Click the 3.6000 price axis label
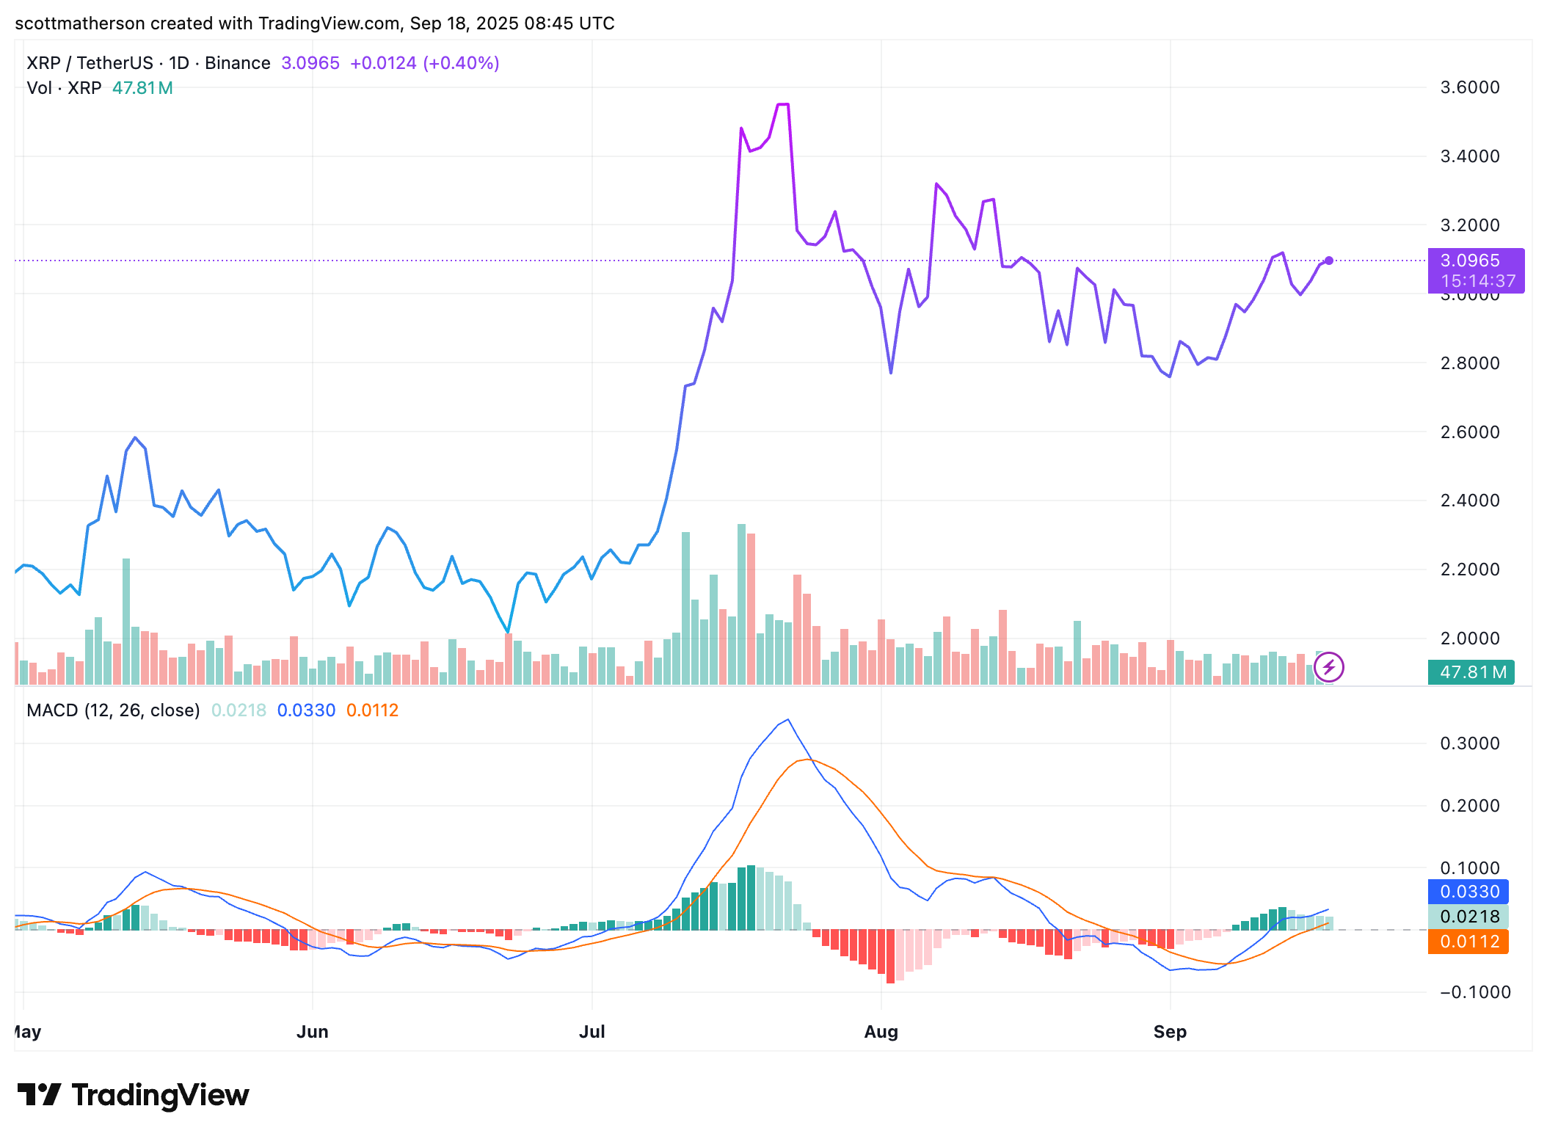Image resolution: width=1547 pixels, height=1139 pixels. click(1469, 87)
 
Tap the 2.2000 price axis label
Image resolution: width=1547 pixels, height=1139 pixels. click(1469, 569)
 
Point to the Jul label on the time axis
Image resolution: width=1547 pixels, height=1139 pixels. click(591, 1032)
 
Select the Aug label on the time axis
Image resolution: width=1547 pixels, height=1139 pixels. click(881, 1032)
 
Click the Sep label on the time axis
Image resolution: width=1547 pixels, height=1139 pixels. click(1170, 1032)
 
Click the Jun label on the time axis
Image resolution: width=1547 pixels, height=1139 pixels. click(312, 1032)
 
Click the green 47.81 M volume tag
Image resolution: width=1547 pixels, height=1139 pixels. click(1472, 672)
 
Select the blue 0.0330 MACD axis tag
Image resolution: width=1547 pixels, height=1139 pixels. click(1468, 892)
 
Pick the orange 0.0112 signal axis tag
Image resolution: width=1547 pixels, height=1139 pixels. click(1468, 942)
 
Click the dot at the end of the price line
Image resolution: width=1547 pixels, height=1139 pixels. click(1329, 261)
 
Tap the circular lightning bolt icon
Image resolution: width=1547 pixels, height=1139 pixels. click(1329, 668)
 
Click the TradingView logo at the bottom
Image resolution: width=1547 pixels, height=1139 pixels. click(133, 1095)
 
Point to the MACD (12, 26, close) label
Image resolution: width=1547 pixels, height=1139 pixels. click(113, 710)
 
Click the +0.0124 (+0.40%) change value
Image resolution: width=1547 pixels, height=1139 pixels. click(424, 63)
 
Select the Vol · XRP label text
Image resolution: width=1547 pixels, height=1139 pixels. click(64, 88)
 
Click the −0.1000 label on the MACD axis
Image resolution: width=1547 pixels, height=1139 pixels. click(1469, 992)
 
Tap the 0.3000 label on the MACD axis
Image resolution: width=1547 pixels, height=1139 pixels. click(1469, 743)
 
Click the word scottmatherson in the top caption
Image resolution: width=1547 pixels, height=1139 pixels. click(80, 23)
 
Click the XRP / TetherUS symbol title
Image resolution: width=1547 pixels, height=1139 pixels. click(90, 63)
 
